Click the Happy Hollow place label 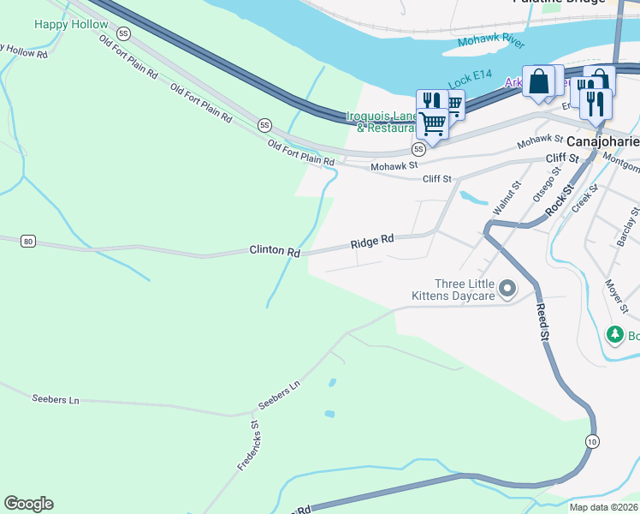[x=71, y=24]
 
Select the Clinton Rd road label [x=275, y=252]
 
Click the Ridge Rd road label [x=371, y=243]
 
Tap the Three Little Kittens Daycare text [x=465, y=290]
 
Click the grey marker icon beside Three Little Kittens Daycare [x=507, y=289]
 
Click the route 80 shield [x=28, y=241]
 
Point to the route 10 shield [x=591, y=440]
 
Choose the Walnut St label [x=506, y=197]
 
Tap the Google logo [x=28, y=504]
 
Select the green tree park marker [x=614, y=333]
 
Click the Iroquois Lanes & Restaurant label [x=382, y=122]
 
